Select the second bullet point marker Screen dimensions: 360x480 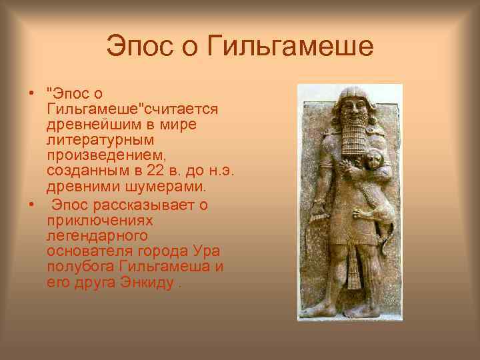coord(31,205)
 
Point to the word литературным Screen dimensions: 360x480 coord(101,139)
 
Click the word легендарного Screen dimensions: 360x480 coord(97,236)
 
